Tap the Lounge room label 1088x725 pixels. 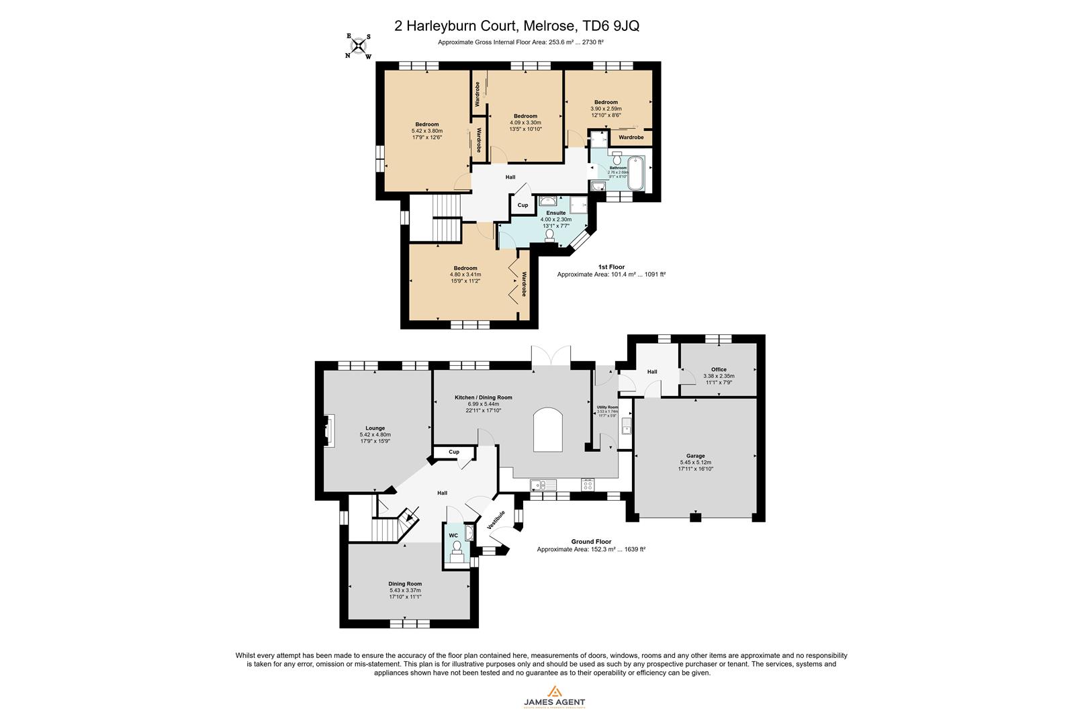[375, 428]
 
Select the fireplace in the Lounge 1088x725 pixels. [329, 430]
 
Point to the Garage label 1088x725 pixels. [695, 456]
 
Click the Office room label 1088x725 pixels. [719, 369]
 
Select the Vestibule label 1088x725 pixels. [496, 521]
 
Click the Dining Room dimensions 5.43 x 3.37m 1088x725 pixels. [405, 590]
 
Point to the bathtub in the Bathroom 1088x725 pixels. [636, 174]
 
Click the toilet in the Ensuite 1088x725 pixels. [550, 234]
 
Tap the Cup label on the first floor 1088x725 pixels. [523, 205]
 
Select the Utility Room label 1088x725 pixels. [607, 407]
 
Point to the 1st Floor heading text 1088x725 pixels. [611, 267]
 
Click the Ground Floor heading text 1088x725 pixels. [591, 541]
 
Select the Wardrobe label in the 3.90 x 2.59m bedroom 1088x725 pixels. [631, 137]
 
